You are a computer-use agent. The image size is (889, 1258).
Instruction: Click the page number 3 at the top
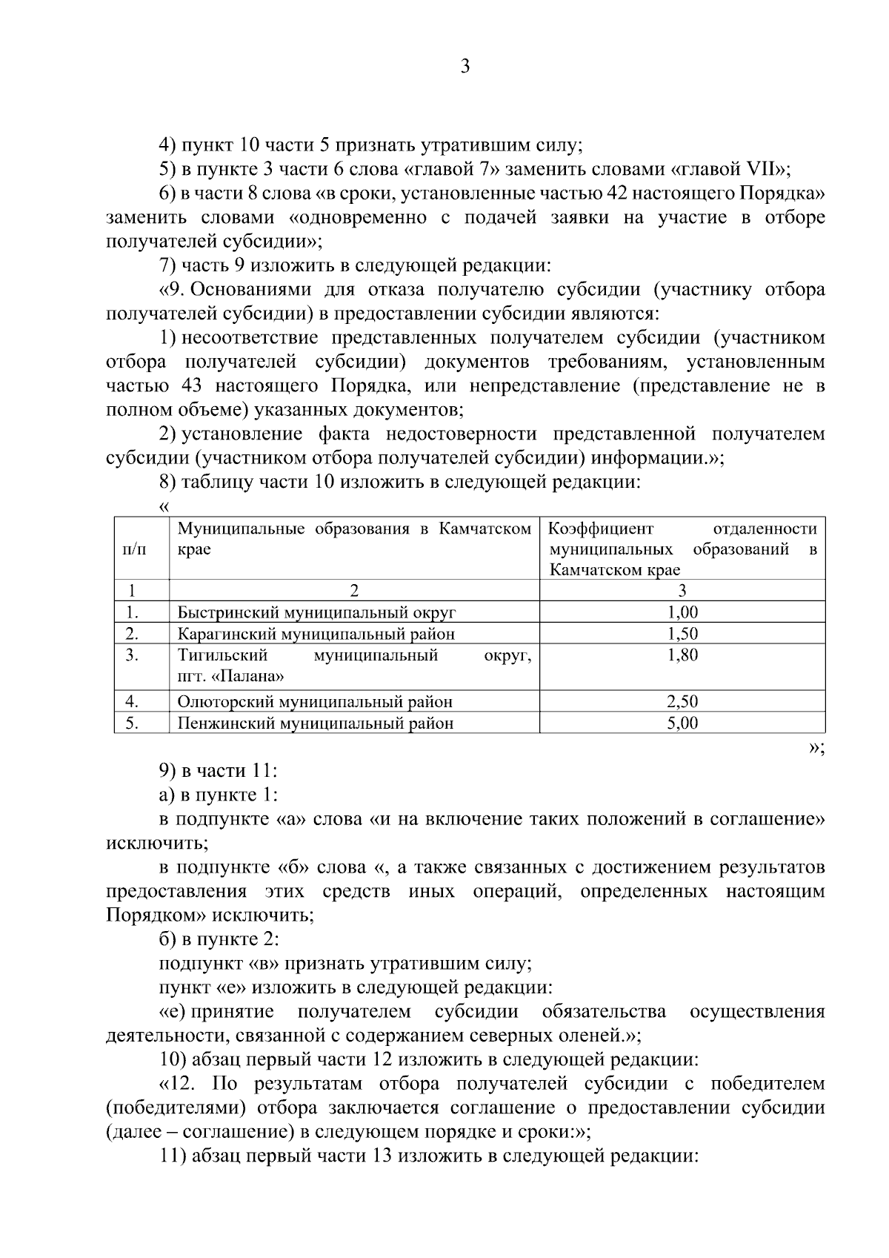(465, 67)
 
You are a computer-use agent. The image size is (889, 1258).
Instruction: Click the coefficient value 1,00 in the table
(682, 612)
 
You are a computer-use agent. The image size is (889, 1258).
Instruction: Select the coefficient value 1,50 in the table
(682, 634)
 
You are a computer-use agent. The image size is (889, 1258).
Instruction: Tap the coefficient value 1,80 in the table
(682, 655)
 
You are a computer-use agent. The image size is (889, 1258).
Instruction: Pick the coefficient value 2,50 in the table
(682, 701)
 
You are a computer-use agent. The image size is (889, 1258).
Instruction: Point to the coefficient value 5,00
(682, 723)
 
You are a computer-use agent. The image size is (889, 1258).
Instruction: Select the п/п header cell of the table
(134, 549)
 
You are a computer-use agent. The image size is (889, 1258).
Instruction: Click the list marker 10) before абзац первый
(174, 1060)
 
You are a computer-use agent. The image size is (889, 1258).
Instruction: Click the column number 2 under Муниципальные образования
(354, 591)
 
